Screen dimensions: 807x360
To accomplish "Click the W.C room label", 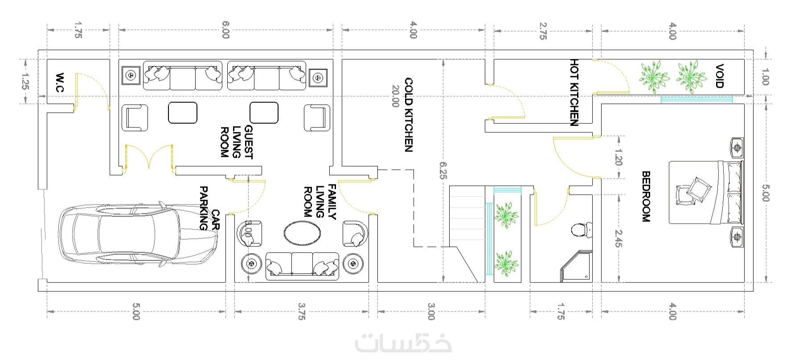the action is [60, 83].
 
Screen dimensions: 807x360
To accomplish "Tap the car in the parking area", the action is [138, 235].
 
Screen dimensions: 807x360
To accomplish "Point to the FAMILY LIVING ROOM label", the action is [319, 201].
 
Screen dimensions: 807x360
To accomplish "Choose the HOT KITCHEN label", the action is [574, 92].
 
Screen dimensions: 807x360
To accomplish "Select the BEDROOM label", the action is [646, 196].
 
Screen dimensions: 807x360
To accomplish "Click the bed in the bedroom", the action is [706, 192].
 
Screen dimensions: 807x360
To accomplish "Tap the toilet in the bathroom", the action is [582, 230].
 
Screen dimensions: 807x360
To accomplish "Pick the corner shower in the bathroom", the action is [577, 266].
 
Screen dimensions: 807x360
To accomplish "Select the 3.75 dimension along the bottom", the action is [302, 311].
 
